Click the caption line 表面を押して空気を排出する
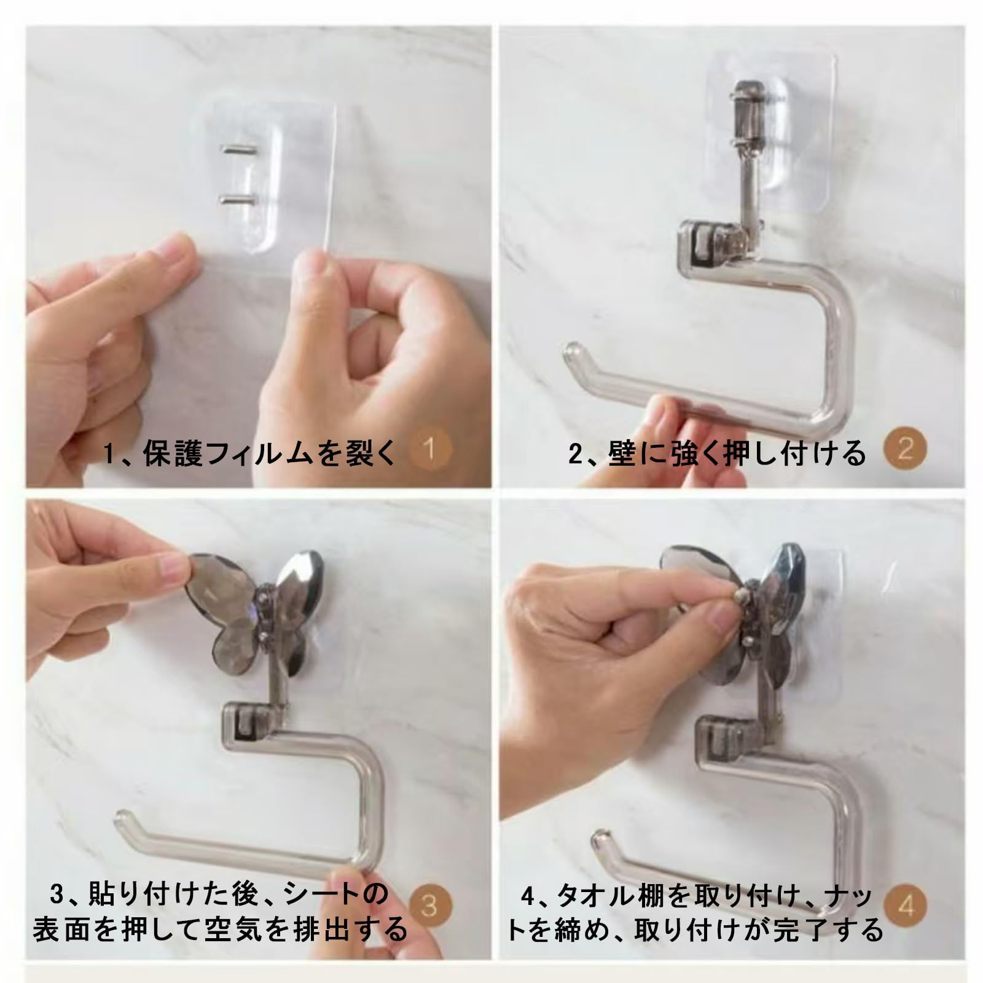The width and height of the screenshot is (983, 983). [x=220, y=929]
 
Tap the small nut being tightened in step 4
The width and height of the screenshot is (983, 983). [x=742, y=595]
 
